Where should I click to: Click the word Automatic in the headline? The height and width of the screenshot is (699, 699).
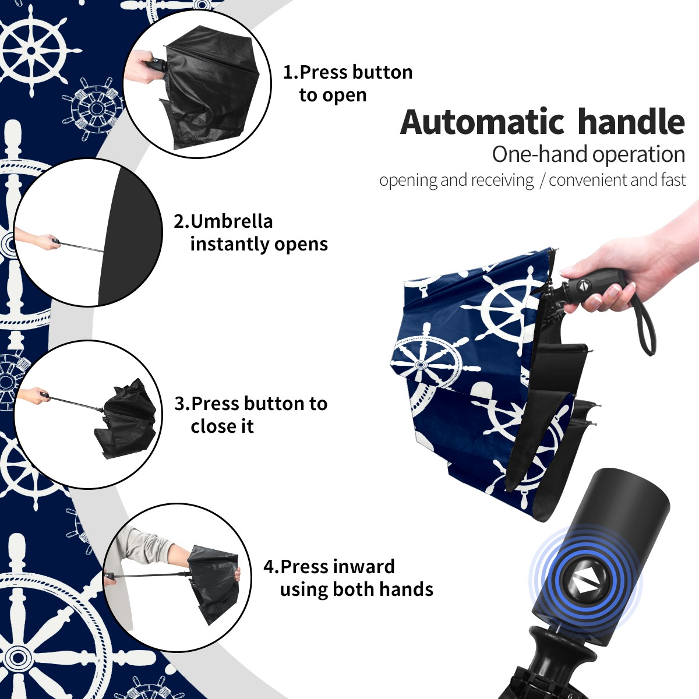(482, 122)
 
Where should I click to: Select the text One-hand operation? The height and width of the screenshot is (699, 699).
(588, 155)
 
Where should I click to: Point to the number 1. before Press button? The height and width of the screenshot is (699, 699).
(291, 73)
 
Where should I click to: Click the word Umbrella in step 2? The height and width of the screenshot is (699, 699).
(231, 221)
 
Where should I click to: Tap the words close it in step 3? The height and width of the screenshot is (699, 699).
(222, 426)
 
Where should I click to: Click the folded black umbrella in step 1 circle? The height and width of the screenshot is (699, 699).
(210, 87)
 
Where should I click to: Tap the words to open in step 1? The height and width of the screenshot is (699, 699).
(333, 96)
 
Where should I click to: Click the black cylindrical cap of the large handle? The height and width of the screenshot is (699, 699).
(602, 552)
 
